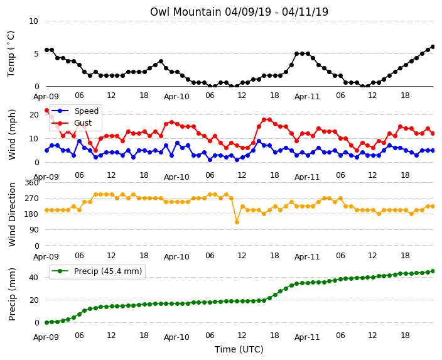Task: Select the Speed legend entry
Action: pyautogui.click(x=75, y=111)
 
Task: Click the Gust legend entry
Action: pyautogui.click(x=72, y=123)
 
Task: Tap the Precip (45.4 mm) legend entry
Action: pyautogui.click(x=97, y=271)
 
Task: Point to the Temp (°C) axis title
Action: pyautogui.click(x=11, y=54)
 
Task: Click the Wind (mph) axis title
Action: pyautogui.click(x=12, y=134)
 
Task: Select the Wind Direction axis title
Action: pyautogui.click(x=12, y=215)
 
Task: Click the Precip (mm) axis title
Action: pyautogui.click(x=12, y=294)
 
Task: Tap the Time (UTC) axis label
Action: pyautogui.click(x=239, y=349)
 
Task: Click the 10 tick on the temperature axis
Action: pyautogui.click(x=33, y=21)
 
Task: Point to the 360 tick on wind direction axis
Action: pyautogui.click(x=31, y=183)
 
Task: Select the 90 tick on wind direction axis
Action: pyautogui.click(x=34, y=230)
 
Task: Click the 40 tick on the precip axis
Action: pyautogui.click(x=34, y=278)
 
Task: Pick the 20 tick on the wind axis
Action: pyautogui.click(x=34, y=114)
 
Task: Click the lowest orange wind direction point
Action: pyautogui.click(x=237, y=222)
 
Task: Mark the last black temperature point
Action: pyautogui.click(x=433, y=47)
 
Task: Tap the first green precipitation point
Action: pyautogui.click(x=47, y=322)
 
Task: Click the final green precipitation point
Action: pyautogui.click(x=433, y=271)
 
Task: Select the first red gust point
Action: pyautogui.click(x=47, y=111)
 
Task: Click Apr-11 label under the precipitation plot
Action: pyautogui.click(x=307, y=337)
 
